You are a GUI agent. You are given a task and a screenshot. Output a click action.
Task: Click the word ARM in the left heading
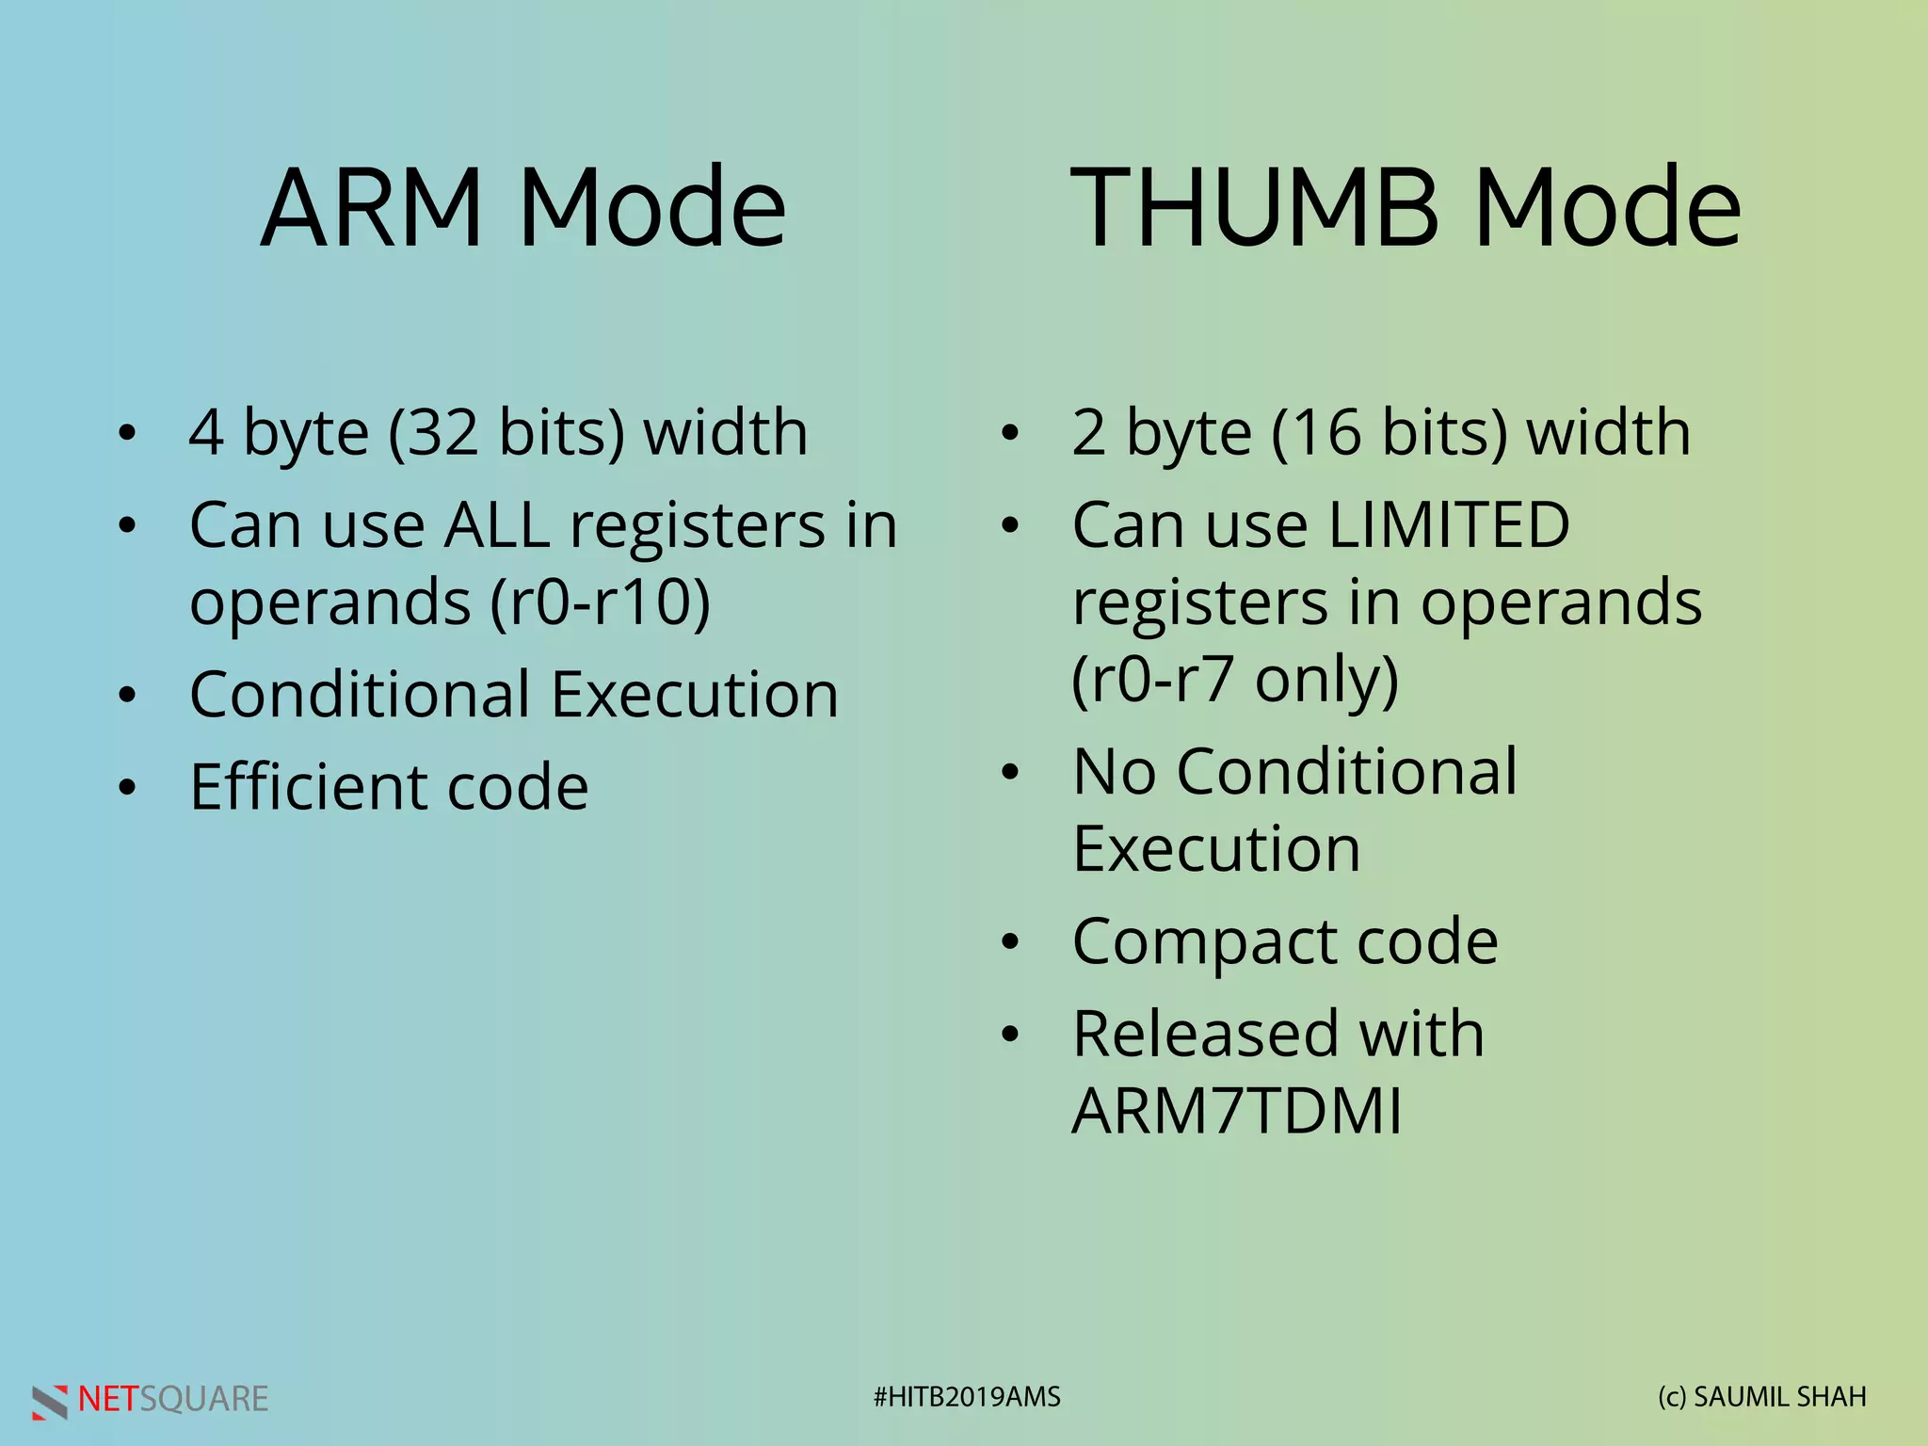[x=372, y=209]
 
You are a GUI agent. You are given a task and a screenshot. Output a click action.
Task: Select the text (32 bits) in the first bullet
[x=506, y=433]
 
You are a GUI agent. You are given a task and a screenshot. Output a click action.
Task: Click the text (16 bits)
[x=1390, y=433]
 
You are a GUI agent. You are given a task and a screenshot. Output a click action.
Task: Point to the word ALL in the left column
[x=497, y=525]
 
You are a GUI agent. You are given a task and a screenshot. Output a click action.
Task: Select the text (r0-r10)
[x=601, y=602]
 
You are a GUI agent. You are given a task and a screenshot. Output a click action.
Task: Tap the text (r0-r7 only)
[x=1235, y=680]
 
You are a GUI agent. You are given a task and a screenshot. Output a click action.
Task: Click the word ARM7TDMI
[x=1236, y=1112]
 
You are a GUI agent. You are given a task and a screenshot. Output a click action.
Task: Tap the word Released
[x=1206, y=1035]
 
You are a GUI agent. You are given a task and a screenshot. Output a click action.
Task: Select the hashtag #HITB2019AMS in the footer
[x=967, y=1397]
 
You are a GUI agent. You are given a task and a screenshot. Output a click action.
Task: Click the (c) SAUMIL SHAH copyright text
[x=1761, y=1397]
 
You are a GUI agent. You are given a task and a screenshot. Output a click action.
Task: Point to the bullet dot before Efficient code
[x=127, y=788]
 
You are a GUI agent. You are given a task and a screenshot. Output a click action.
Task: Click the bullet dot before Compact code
[x=1010, y=942]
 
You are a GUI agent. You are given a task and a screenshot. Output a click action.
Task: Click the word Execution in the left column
[x=694, y=696]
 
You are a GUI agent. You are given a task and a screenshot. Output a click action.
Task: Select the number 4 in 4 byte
[x=206, y=433]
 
